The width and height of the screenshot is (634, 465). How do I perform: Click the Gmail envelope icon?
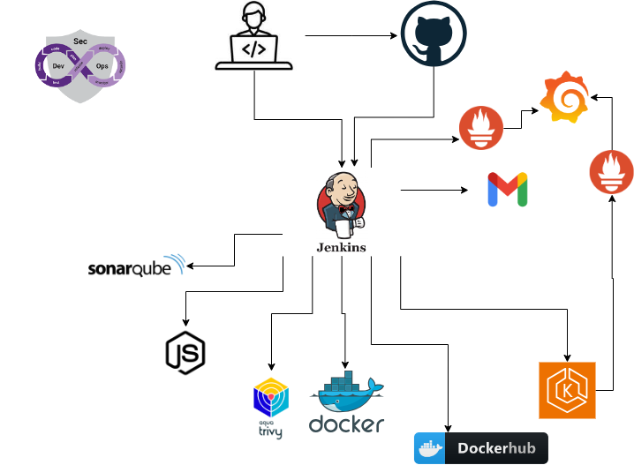pyautogui.click(x=508, y=190)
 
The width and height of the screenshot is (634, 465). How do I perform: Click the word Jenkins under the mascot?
pyautogui.click(x=341, y=247)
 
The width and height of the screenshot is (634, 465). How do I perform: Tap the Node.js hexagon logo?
pyautogui.click(x=185, y=351)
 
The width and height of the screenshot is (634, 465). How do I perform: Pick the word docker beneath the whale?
pyautogui.click(x=346, y=424)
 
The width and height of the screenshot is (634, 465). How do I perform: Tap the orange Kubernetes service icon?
pyautogui.click(x=568, y=390)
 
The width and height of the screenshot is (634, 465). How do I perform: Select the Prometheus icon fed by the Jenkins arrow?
pyautogui.click(x=481, y=129)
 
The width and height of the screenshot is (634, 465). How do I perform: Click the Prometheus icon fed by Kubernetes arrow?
pyautogui.click(x=612, y=171)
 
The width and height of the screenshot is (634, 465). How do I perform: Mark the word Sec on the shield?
pyautogui.click(x=79, y=41)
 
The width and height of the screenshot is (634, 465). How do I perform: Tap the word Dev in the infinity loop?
pyautogui.click(x=58, y=66)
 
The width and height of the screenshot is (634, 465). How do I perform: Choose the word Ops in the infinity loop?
pyautogui.click(x=102, y=66)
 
